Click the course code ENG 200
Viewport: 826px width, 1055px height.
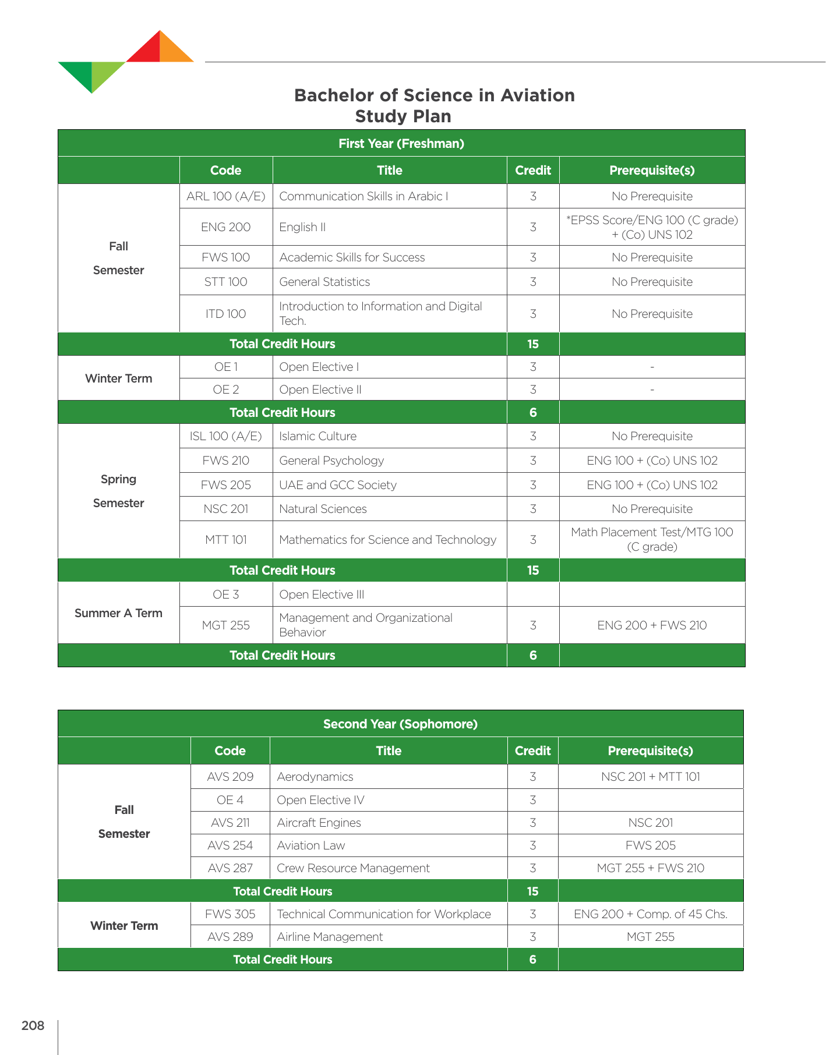click(225, 227)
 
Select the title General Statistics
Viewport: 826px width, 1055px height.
click(324, 282)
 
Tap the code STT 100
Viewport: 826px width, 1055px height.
click(225, 282)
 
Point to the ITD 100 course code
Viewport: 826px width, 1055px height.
click(225, 314)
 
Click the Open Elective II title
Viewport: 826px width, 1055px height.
click(320, 390)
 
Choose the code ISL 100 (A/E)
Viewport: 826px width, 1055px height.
click(225, 436)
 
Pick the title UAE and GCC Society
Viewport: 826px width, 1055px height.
click(337, 485)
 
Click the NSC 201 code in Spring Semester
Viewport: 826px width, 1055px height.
click(225, 509)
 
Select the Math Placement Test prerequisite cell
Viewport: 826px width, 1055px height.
click(652, 539)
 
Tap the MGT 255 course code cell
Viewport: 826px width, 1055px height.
click(225, 625)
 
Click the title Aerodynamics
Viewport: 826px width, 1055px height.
click(315, 777)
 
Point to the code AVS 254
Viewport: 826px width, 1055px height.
click(230, 845)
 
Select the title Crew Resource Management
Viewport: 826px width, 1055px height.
click(353, 868)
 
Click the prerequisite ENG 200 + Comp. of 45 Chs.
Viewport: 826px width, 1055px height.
click(650, 914)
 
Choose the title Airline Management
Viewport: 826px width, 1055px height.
click(330, 937)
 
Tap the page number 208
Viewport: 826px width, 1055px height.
click(33, 1025)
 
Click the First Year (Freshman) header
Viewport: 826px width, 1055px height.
click(401, 143)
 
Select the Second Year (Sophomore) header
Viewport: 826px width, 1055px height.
click(400, 724)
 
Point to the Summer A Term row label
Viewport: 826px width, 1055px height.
click(118, 613)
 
